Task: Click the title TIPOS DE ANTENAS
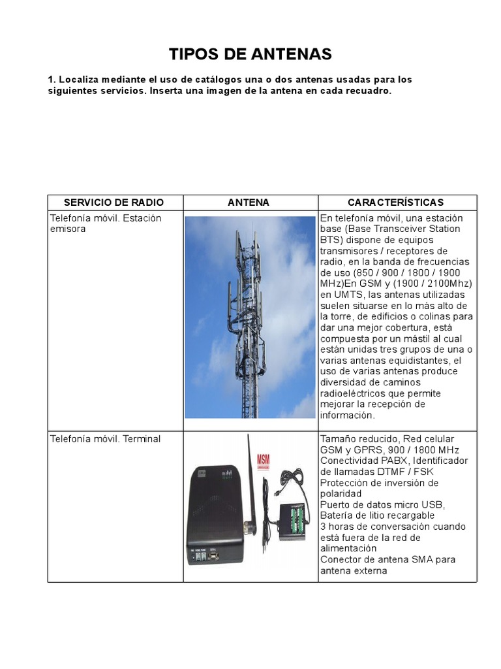pyautogui.click(x=250, y=54)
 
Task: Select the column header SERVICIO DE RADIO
pyautogui.click(x=115, y=203)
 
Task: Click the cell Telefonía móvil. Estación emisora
pyautogui.click(x=105, y=223)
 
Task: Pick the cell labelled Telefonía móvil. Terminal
pyautogui.click(x=105, y=439)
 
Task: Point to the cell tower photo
pyautogui.click(x=250, y=317)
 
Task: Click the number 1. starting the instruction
pyautogui.click(x=52, y=80)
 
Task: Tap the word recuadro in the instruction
pyautogui.click(x=369, y=91)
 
